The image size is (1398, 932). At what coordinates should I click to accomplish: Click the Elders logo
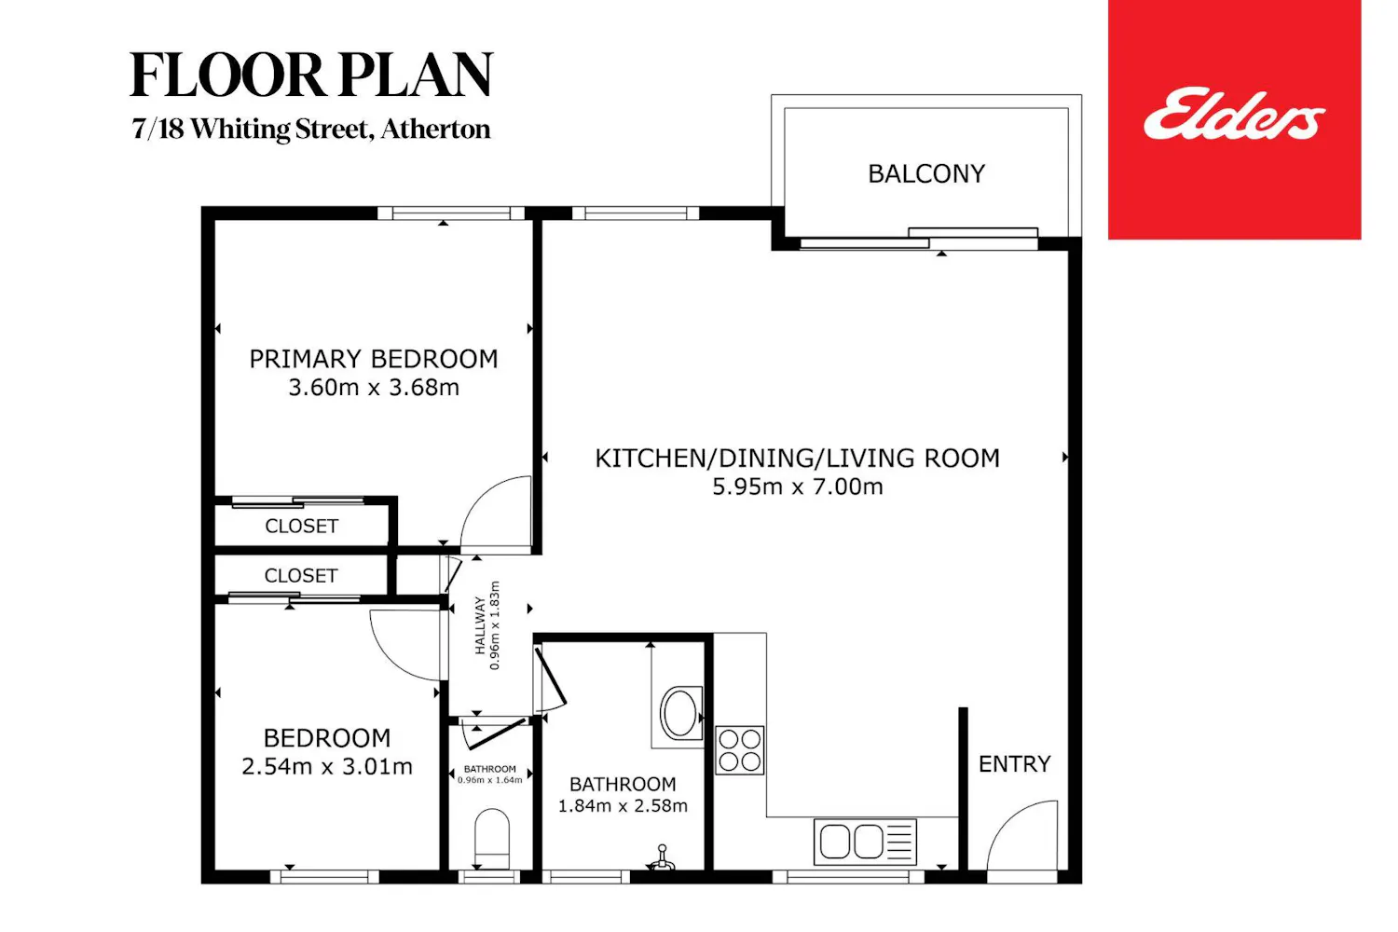[1233, 116]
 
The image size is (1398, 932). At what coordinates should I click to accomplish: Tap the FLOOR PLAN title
[311, 75]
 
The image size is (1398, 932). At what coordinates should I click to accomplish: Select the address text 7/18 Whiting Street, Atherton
[310, 130]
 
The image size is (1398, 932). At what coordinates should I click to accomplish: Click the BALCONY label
[926, 173]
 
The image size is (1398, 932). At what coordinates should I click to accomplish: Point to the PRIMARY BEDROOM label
[373, 359]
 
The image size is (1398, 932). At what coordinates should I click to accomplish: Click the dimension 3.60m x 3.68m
[373, 387]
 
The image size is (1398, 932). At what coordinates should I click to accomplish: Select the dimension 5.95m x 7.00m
[798, 487]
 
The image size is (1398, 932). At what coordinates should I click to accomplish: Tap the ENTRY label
[1014, 764]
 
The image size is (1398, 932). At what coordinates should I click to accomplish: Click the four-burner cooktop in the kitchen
[740, 750]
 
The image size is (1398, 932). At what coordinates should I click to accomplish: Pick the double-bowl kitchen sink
[865, 842]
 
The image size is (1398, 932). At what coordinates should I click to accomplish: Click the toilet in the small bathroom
[492, 838]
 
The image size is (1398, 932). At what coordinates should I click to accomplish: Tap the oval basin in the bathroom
[681, 712]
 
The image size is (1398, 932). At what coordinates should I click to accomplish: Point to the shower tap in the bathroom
[662, 858]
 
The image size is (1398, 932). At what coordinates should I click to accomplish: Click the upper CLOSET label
[301, 527]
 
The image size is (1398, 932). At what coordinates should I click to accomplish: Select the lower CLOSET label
[301, 576]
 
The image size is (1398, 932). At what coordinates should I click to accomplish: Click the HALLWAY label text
[480, 625]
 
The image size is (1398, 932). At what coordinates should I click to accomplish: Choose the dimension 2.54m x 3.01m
[327, 767]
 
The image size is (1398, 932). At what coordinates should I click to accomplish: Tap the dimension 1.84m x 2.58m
[623, 806]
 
